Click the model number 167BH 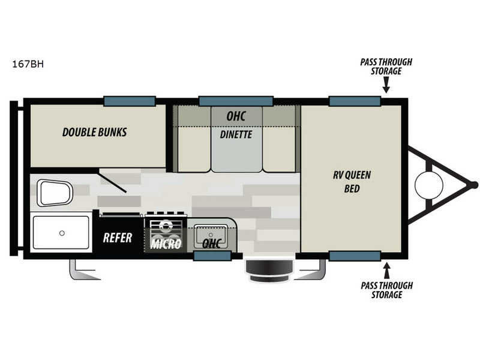point(28,64)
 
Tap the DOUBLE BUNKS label point(95,132)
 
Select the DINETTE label point(236,134)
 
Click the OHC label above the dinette point(236,116)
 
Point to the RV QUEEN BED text point(352,182)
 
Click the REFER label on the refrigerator point(118,238)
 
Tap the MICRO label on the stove point(166,244)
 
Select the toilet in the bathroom point(55,193)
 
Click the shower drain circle point(62,233)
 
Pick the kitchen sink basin point(211,236)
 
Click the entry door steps point(269,271)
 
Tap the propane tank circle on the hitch point(429,185)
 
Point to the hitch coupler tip point(474,185)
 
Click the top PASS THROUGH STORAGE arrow point(386,85)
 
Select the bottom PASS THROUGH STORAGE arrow point(387,271)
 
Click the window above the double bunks point(130,101)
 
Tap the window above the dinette point(236,101)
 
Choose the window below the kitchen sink point(212,256)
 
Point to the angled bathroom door point(112,183)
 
